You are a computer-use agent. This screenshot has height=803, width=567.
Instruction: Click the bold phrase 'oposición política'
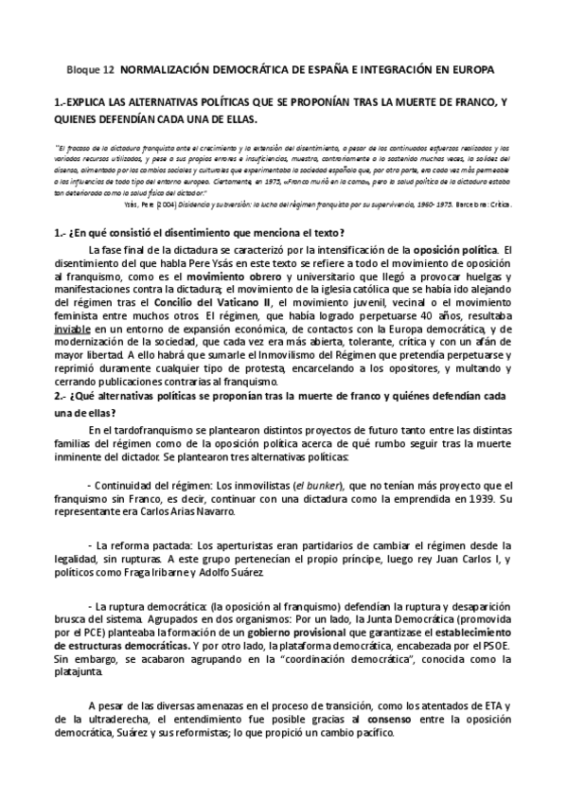(x=452, y=249)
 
